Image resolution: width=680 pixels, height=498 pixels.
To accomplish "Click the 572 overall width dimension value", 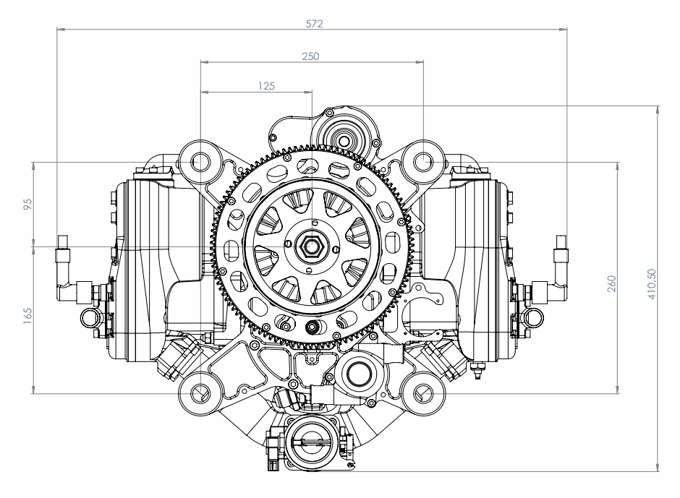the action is [315, 24].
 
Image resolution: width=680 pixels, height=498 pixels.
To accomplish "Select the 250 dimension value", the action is [310, 56].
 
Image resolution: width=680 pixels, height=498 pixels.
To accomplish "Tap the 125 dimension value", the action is [266, 86].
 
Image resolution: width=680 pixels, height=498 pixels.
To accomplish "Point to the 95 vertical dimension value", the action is [27, 204].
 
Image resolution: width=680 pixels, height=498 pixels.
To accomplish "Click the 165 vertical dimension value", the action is [27, 316].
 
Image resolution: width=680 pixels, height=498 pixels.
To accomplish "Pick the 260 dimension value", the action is [611, 283].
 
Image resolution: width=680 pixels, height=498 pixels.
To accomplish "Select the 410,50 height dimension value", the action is [652, 284].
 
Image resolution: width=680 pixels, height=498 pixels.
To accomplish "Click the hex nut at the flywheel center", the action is [311, 246].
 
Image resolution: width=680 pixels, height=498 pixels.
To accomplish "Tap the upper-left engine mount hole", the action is [200, 162].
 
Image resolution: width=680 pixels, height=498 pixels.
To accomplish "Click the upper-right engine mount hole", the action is [423, 162].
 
